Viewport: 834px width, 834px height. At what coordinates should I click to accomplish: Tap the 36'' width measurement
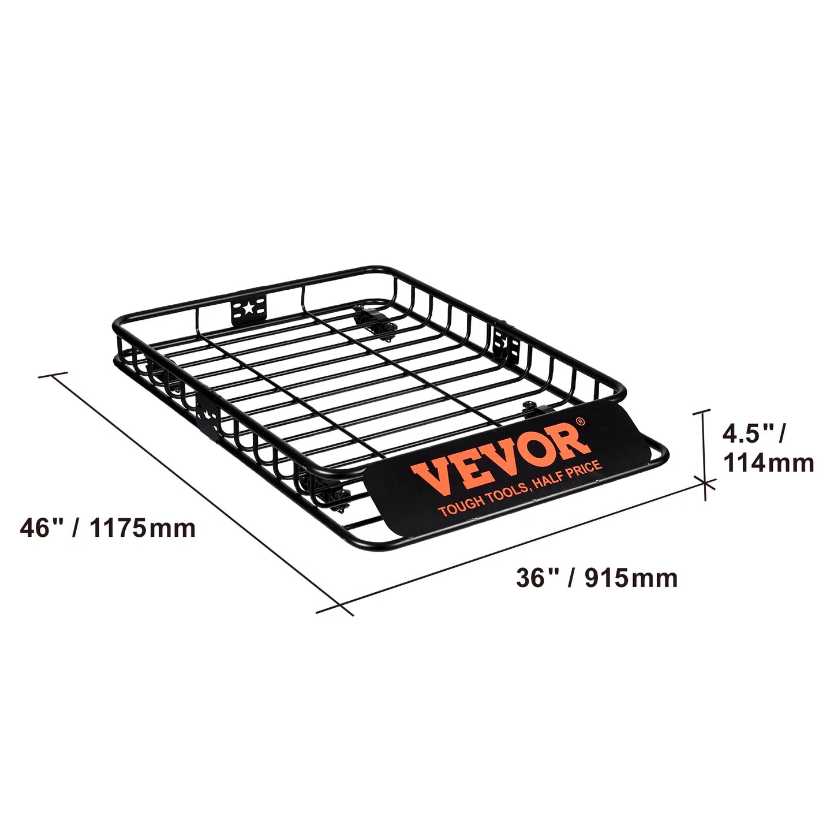tap(533, 578)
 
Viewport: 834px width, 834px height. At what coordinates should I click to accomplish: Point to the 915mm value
tap(631, 578)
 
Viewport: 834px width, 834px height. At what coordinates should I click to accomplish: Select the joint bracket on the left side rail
tap(208, 415)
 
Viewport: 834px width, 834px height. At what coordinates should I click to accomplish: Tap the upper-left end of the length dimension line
tap(54, 375)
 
